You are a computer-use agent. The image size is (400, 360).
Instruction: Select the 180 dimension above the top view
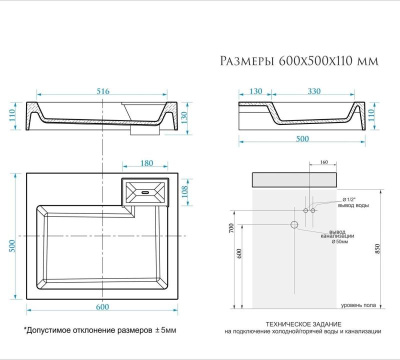[x=146, y=162]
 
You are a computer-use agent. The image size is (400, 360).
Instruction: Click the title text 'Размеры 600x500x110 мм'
[x=299, y=61]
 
